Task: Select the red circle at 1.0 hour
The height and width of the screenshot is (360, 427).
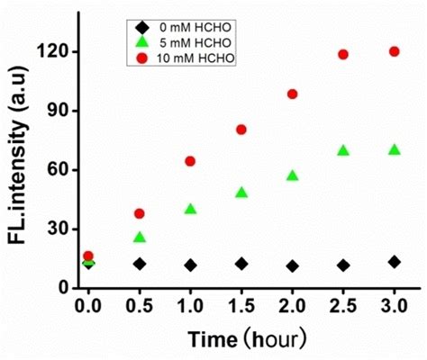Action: [190, 161]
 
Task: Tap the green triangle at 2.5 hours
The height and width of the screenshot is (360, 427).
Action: [343, 150]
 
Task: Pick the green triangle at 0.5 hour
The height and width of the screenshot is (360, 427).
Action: [139, 237]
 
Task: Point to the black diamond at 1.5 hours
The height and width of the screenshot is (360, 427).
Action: [241, 264]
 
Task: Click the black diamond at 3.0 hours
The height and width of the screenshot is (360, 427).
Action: [394, 262]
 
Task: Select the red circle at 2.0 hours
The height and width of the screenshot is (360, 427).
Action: [292, 94]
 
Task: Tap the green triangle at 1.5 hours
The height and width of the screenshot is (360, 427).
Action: [241, 192]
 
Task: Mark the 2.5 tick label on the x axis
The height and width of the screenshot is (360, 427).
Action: [343, 306]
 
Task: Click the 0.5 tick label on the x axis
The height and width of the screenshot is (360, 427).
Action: [139, 306]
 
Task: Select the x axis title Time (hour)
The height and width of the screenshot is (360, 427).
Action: [247, 339]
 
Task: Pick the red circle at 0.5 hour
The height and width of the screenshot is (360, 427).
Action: [139, 213]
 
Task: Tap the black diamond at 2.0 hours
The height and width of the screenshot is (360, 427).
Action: [292, 266]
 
